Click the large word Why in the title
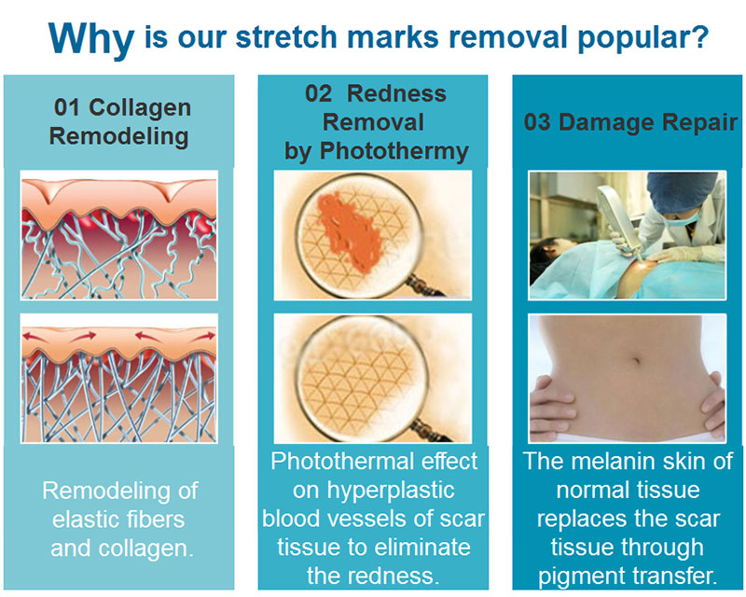pyautogui.click(x=90, y=38)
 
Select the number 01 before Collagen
pyautogui.click(x=67, y=107)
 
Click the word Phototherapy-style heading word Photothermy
pyautogui.click(x=394, y=151)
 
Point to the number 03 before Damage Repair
pyautogui.click(x=537, y=122)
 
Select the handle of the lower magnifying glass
pyautogui.click(x=430, y=430)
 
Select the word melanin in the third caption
pyautogui.click(x=612, y=461)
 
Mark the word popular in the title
pyautogui.click(x=630, y=38)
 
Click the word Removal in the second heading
pyautogui.click(x=374, y=122)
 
